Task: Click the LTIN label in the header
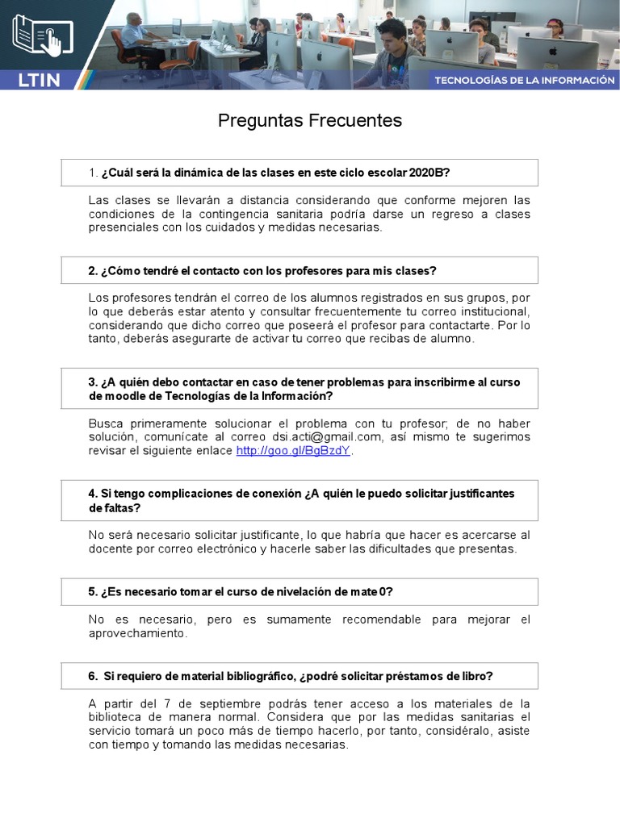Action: [39, 79]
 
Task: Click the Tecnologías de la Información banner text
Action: [525, 80]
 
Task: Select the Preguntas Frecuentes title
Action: [310, 121]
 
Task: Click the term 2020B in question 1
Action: [427, 173]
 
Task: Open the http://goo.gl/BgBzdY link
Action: [293, 451]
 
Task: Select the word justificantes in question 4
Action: [479, 494]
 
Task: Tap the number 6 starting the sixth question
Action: [92, 676]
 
